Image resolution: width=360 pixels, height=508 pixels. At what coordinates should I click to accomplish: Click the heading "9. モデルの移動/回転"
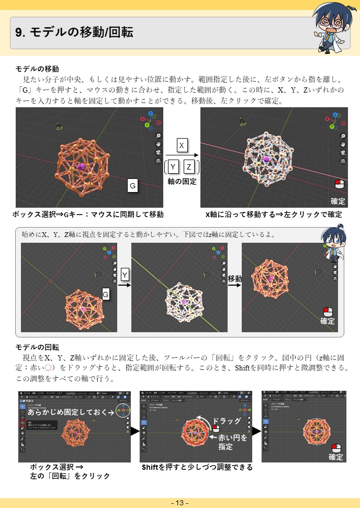(74, 33)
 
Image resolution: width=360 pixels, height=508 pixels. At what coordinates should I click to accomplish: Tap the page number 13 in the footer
(179, 503)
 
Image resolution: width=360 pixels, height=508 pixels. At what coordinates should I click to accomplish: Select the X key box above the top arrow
(181, 146)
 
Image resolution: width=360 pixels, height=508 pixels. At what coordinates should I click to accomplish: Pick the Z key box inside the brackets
(189, 167)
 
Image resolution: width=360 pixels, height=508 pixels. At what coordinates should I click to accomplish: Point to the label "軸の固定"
(182, 181)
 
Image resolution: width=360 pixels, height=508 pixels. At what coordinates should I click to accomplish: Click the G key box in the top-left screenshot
(133, 186)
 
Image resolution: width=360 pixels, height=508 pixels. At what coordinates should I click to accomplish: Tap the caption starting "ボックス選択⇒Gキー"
(88, 214)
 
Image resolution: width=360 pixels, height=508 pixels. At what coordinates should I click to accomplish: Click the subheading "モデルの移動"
(37, 69)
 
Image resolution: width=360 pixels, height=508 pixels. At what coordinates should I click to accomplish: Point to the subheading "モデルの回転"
(37, 347)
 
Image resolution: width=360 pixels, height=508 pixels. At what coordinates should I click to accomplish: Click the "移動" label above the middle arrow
(235, 279)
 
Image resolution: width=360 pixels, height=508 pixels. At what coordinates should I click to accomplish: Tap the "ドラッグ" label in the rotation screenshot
(226, 421)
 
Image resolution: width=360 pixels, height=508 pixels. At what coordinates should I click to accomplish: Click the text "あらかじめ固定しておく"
(71, 412)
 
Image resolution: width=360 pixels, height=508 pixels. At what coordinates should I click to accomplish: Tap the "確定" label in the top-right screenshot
(338, 201)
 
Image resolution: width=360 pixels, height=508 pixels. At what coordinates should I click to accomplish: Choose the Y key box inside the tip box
(125, 275)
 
